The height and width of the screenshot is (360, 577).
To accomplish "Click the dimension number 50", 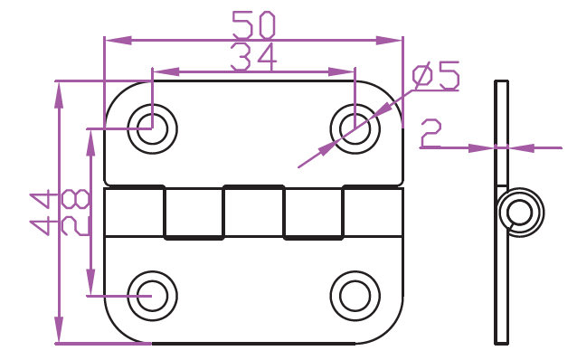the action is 253,25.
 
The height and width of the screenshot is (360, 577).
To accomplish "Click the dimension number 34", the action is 253,57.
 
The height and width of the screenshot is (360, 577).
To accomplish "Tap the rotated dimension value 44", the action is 44,213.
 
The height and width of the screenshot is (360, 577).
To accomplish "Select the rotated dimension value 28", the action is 75,213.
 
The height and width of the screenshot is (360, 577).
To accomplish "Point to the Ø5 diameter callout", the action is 436,76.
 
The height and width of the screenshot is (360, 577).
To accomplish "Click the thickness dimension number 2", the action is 430,133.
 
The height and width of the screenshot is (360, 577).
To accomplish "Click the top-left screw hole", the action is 152,128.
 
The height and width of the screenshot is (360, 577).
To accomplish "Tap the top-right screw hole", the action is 355,128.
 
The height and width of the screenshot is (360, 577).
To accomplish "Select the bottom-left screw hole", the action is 152,296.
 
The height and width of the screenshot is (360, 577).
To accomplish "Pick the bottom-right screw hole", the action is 355,296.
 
